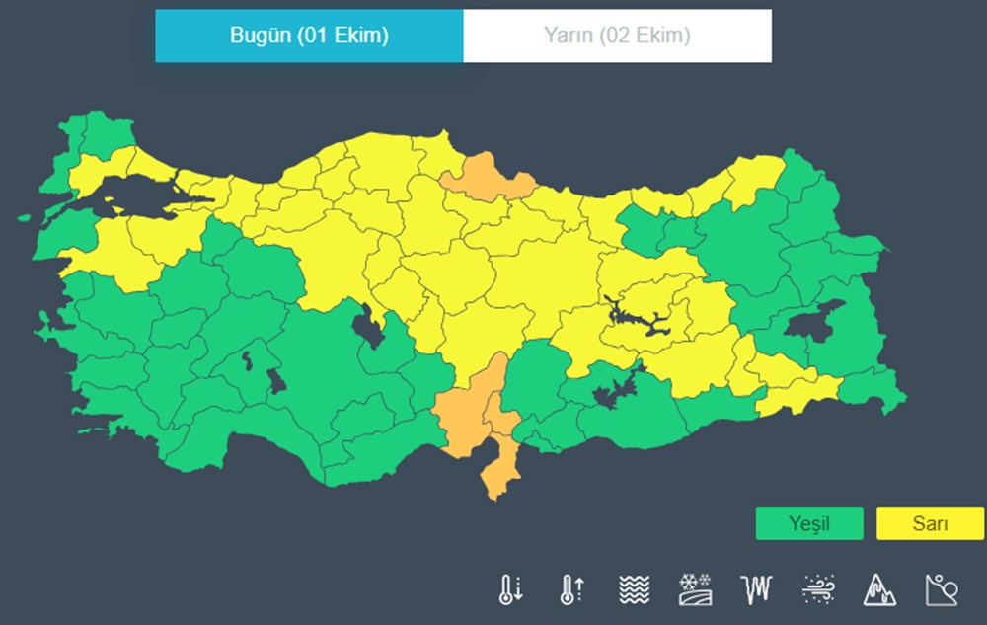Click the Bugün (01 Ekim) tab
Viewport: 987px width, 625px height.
(309, 37)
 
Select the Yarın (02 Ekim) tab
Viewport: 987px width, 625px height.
(617, 37)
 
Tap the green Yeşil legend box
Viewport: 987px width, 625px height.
(809, 523)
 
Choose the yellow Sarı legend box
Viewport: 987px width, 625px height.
(930, 523)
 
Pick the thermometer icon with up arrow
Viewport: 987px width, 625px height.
(571, 589)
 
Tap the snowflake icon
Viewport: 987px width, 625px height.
(695, 589)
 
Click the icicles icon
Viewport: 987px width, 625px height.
(756, 589)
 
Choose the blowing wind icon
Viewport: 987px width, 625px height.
(818, 589)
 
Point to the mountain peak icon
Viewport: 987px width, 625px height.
(879, 589)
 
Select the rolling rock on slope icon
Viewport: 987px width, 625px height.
(941, 589)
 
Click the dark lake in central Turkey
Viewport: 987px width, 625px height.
(370, 326)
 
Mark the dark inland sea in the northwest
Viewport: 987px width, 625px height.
(138, 192)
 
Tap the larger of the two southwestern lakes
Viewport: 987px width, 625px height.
(276, 381)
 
